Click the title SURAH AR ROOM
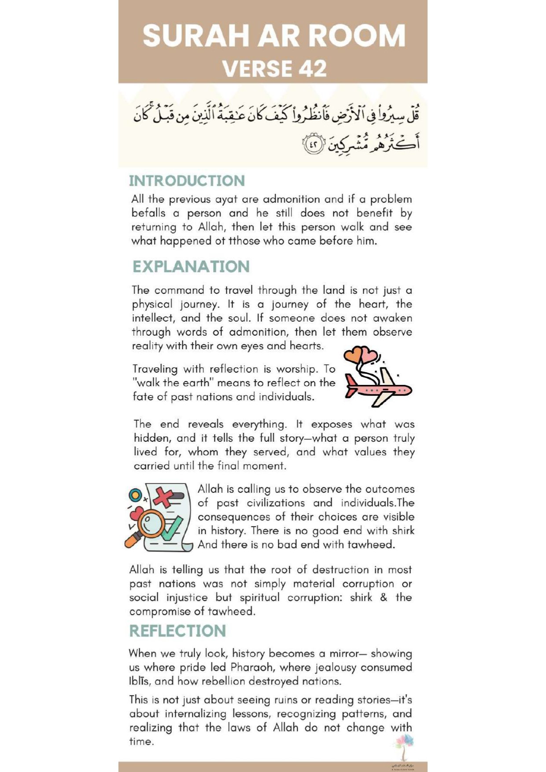pyautogui.click(x=273, y=36)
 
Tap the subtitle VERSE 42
pyautogui.click(x=274, y=69)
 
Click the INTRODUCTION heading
pyautogui.click(x=187, y=181)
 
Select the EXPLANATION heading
pyautogui.click(x=191, y=267)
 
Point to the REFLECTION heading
pyautogui.click(x=177, y=631)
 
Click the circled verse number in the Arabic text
pyautogui.click(x=314, y=144)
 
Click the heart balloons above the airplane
pyautogui.click(x=361, y=355)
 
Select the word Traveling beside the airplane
pyautogui.click(x=155, y=369)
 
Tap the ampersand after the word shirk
pyautogui.click(x=384, y=597)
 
